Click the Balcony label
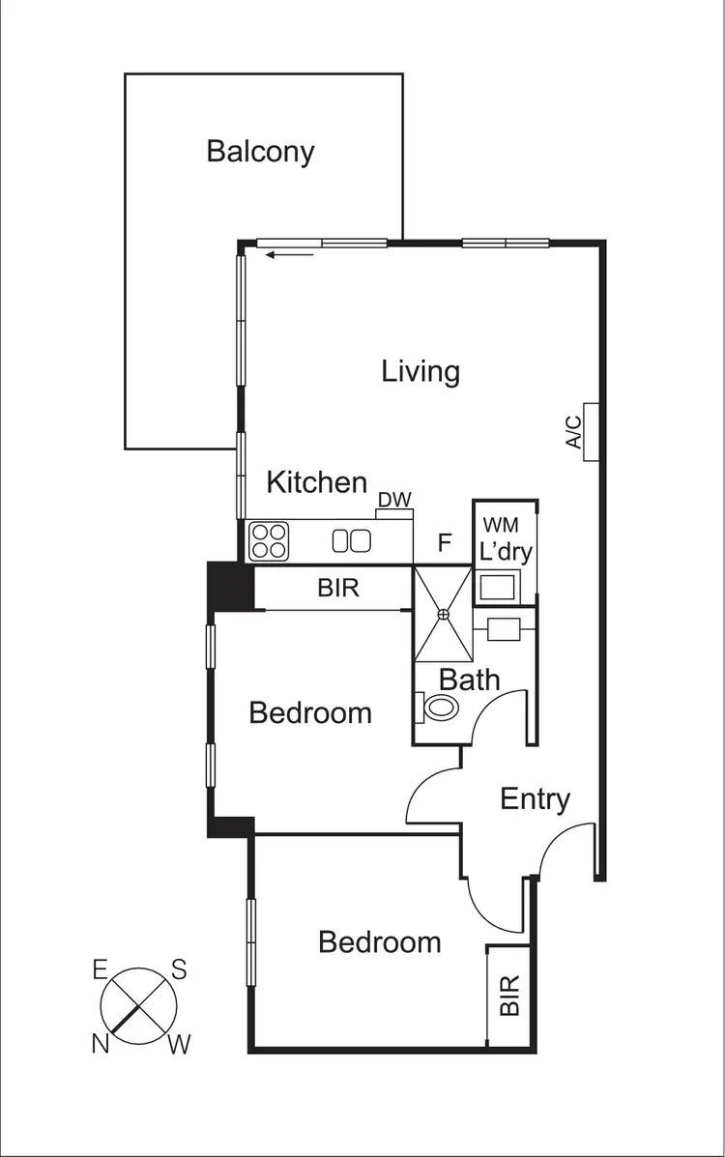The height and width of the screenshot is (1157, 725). [x=261, y=152]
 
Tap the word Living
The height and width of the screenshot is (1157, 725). [x=420, y=371]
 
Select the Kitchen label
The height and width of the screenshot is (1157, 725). [x=317, y=481]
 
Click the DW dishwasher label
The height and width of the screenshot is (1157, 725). [x=394, y=500]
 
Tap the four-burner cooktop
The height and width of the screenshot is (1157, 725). [x=269, y=541]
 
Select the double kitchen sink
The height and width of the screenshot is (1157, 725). [x=352, y=541]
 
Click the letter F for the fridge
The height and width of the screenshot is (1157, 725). [x=445, y=542]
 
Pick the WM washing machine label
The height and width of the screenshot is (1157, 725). [x=501, y=525]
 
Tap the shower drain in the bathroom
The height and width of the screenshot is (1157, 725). [x=443, y=613]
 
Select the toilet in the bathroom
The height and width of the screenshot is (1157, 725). [x=439, y=708]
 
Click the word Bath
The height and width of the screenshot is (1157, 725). [x=470, y=679]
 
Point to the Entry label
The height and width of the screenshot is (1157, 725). [x=536, y=799]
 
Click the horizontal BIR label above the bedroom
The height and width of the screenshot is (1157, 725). [x=338, y=588]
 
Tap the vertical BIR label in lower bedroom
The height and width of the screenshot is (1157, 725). [x=509, y=995]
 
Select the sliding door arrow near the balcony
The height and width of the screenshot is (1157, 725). [x=291, y=255]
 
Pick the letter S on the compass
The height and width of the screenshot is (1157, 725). [x=178, y=969]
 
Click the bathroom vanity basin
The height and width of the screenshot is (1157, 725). [x=506, y=628]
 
